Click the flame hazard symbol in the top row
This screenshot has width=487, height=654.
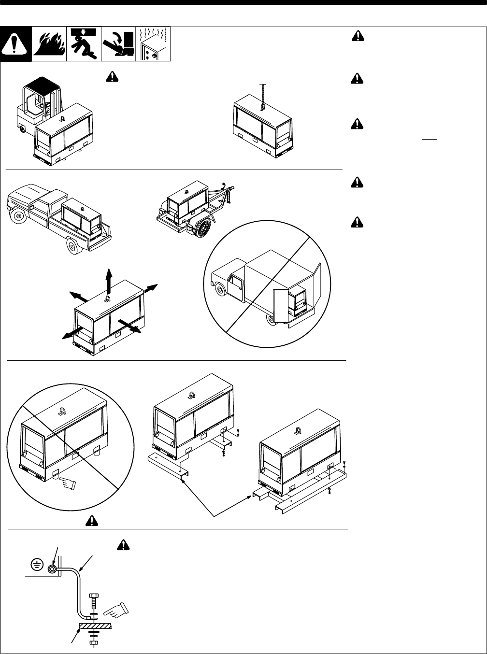[x=49, y=44]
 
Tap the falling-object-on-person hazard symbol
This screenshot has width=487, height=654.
[x=84, y=44]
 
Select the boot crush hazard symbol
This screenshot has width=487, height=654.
[x=118, y=44]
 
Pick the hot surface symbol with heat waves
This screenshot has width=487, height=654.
[x=154, y=44]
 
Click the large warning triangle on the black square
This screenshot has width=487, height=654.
[x=16, y=45]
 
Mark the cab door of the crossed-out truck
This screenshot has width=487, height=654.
[x=237, y=290]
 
